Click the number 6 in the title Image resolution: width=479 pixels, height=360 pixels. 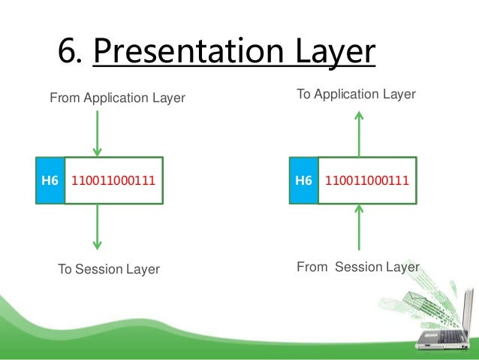click(68, 52)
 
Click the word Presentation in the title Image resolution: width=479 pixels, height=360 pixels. click(189, 53)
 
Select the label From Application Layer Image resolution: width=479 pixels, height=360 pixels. click(117, 98)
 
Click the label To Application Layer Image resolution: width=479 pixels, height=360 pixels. click(357, 95)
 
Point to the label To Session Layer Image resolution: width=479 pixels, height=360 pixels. click(109, 269)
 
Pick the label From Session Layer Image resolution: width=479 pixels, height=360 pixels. click(358, 267)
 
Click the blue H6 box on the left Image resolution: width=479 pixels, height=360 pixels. click(50, 181)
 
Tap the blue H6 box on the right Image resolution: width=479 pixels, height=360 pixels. click(303, 181)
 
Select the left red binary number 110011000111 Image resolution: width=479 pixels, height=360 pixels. click(114, 181)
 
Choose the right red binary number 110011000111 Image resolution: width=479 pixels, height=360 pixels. click(367, 181)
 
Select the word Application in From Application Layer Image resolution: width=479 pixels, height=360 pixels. click(116, 98)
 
